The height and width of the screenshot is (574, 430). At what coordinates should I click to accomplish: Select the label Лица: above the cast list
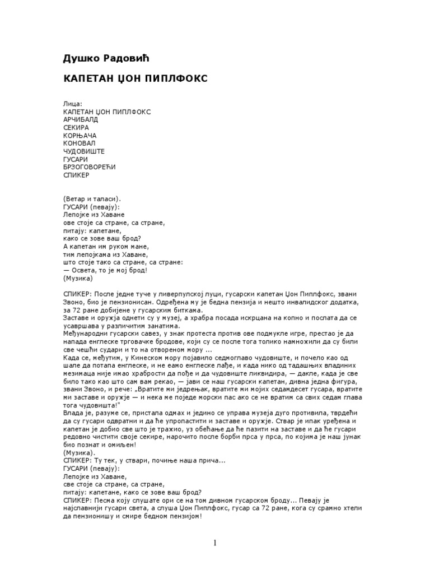click(x=73, y=104)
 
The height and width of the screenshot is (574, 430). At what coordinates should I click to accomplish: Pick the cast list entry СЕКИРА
click(x=77, y=128)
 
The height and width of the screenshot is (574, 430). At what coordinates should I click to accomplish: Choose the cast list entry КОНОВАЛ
click(x=80, y=143)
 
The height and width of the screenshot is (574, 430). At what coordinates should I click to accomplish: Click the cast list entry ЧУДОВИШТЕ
click(x=84, y=151)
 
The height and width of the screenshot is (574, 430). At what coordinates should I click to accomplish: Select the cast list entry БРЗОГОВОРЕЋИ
click(x=88, y=167)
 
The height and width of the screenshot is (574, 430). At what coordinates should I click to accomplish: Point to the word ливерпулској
click(x=182, y=294)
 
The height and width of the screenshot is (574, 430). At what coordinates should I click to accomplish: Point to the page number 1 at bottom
click(x=215, y=543)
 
